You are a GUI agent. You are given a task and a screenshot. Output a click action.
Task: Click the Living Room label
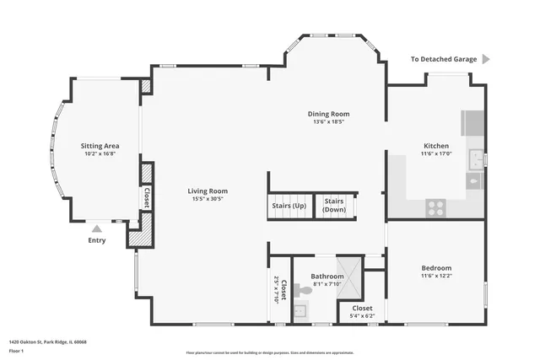[x=208, y=191]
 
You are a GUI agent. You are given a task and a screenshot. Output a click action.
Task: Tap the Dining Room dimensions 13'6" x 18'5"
[x=329, y=122]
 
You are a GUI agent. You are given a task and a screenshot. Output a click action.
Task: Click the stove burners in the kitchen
[x=436, y=207]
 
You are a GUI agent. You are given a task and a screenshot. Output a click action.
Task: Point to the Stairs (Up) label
[x=289, y=206]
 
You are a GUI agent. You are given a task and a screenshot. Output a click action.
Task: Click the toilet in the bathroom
[x=302, y=289]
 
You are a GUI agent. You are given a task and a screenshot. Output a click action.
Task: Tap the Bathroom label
[x=327, y=276]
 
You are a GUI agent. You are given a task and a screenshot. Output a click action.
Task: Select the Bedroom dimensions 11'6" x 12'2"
[x=436, y=276]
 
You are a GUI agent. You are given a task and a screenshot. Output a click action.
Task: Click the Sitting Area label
[x=100, y=146]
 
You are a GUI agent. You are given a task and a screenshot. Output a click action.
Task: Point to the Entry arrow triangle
[x=97, y=228]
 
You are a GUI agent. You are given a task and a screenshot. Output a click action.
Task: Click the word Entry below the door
[x=97, y=240]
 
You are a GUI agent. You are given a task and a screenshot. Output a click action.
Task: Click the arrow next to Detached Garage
[x=486, y=60]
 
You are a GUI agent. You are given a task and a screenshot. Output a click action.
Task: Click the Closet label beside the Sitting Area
[x=146, y=197]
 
